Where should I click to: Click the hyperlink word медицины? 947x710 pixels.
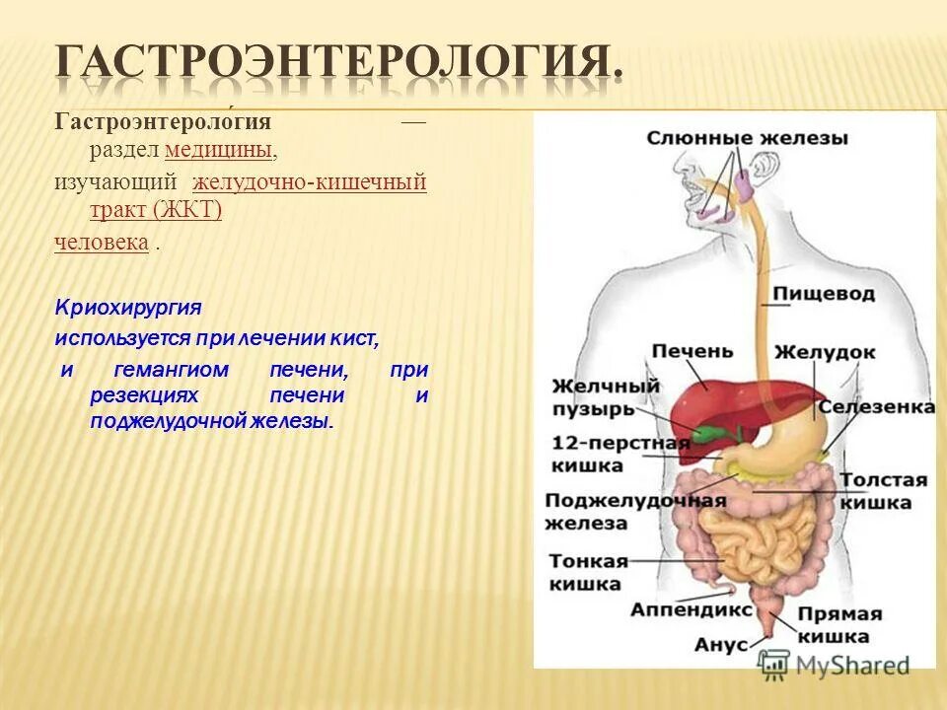[x=219, y=150]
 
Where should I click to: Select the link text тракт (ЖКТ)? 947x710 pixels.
[x=155, y=210]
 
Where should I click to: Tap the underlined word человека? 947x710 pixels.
[x=102, y=242]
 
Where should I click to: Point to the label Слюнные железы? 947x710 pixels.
[x=747, y=138]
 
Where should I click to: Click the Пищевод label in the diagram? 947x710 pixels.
[x=823, y=294]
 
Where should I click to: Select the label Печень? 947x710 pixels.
[x=692, y=351]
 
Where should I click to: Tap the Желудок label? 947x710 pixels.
[x=824, y=352]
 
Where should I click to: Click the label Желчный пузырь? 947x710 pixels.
[x=592, y=396]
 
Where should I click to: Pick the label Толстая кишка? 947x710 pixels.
[x=883, y=491]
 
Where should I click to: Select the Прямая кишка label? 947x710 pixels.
[x=839, y=624]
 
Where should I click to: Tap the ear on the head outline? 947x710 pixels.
[x=762, y=167]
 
